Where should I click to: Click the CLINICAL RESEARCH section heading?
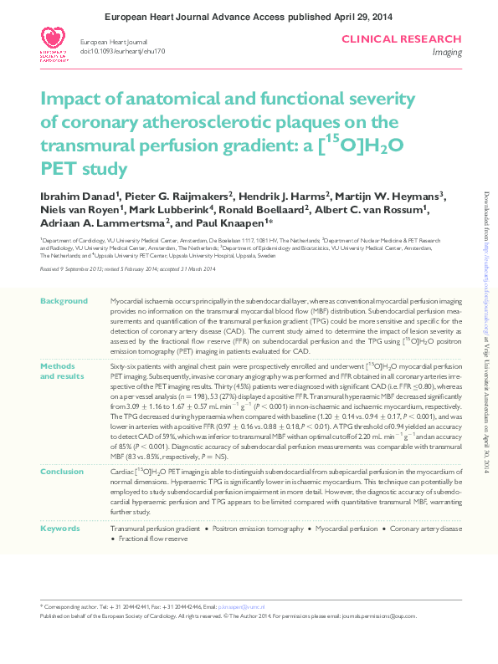(x=413, y=39)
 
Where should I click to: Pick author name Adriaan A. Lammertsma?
(x=103, y=223)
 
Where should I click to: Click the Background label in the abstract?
(x=64, y=300)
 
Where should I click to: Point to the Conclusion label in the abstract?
(x=63, y=471)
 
